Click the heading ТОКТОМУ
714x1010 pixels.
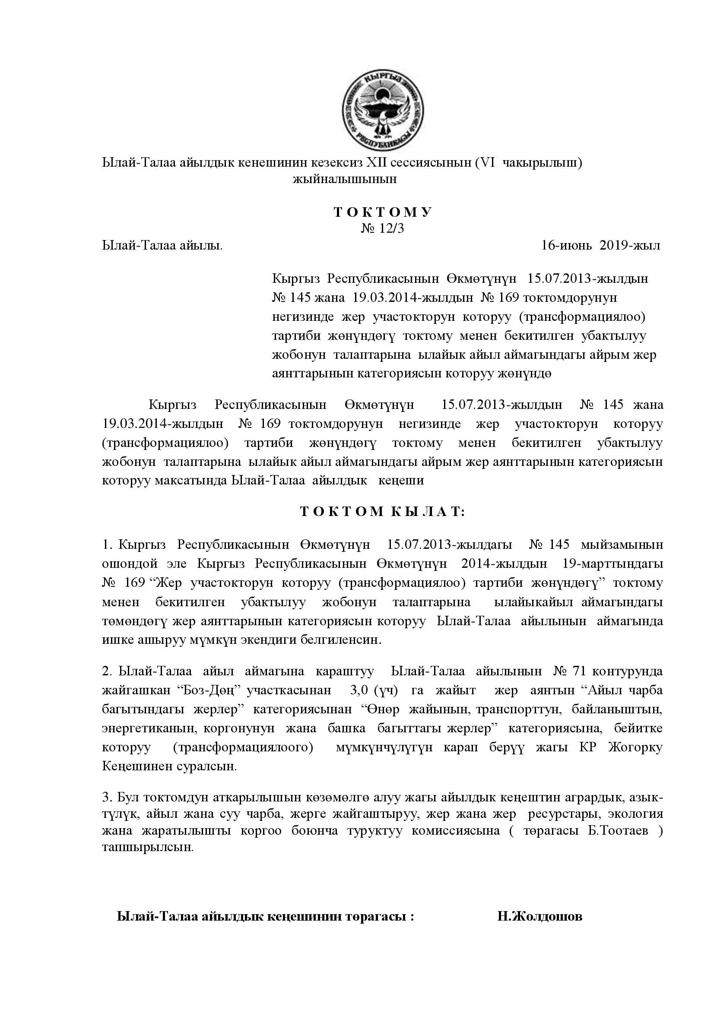coord(383,212)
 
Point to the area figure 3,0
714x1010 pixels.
coord(359,690)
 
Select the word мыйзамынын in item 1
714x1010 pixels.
coord(622,545)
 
